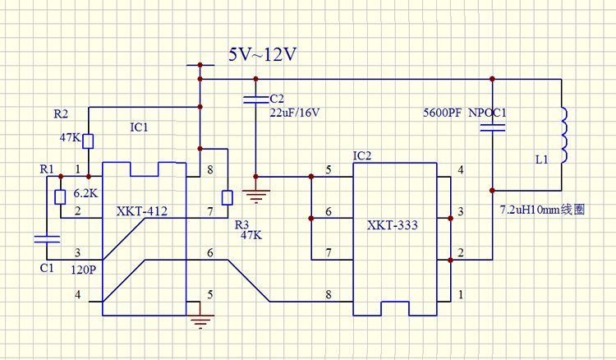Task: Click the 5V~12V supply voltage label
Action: [x=263, y=54]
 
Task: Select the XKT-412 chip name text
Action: [x=142, y=211]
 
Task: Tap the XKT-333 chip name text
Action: [x=393, y=225]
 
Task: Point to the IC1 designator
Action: [x=139, y=127]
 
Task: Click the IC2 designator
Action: [x=362, y=156]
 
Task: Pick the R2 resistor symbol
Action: [x=88, y=141]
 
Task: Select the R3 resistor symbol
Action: [x=228, y=198]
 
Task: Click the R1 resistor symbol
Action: [x=60, y=197]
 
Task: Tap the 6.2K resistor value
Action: [x=85, y=193]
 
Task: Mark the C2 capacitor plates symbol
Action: [x=255, y=99]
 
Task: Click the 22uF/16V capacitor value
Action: [x=295, y=113]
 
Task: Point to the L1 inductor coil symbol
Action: [x=563, y=135]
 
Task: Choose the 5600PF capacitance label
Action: [x=443, y=113]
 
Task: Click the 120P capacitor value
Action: [x=83, y=270]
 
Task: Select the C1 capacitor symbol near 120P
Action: [x=47, y=239]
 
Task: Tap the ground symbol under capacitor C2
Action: [x=255, y=196]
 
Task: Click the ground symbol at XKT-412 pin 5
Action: [x=200, y=321]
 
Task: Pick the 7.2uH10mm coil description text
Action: [x=542, y=210]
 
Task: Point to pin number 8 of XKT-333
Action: [x=329, y=294]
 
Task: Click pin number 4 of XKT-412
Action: [x=78, y=294]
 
